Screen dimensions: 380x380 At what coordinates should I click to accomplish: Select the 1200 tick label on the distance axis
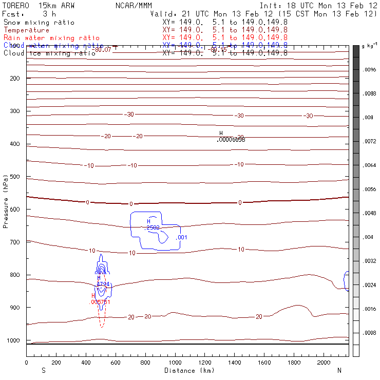205,363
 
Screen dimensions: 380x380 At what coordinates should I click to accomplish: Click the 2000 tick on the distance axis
325,363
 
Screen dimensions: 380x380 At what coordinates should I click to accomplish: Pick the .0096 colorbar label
370,69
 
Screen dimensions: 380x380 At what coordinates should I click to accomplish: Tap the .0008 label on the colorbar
370,333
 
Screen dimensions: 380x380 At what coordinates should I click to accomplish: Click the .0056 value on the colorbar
370,189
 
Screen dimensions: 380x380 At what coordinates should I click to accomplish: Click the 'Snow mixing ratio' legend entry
39,23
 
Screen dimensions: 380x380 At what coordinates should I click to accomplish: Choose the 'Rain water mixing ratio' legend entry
51,38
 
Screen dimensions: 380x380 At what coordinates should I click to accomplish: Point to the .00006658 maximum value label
231,139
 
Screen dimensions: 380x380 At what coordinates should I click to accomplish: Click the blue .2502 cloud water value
153,227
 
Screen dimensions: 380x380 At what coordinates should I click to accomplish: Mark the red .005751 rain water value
100,302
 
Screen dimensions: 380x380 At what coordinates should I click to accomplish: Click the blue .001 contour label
182,237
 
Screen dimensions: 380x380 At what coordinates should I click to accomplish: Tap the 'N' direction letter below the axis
339,370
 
